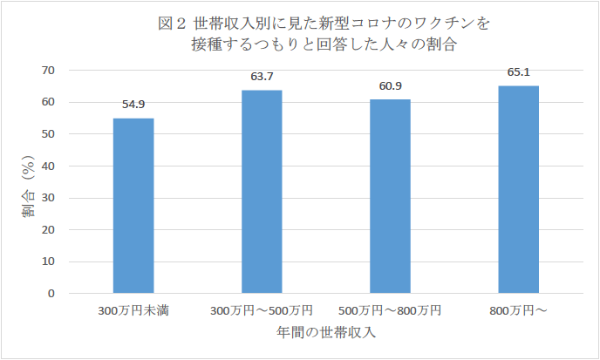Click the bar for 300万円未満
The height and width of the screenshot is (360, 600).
click(133, 206)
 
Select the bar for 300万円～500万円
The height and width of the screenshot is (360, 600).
click(262, 192)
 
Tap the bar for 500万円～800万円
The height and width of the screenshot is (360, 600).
click(390, 196)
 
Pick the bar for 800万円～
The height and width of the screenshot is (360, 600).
click(518, 189)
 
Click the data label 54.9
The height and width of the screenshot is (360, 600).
click(133, 105)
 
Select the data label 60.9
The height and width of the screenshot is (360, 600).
click(390, 85)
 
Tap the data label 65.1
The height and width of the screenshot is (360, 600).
click(518, 72)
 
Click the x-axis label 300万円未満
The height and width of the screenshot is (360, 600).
click(133, 311)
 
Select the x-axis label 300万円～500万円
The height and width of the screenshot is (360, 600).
click(262, 311)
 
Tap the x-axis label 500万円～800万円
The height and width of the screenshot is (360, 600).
click(390, 311)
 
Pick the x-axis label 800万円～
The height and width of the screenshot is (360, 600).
click(518, 311)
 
